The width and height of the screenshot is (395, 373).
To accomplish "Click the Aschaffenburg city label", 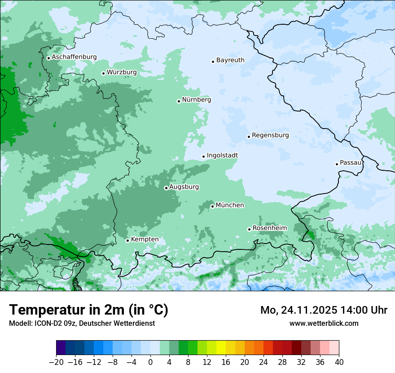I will coord(74,57).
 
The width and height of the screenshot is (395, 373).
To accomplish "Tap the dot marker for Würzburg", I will coord(103,73).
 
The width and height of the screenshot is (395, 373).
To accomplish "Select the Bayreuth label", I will coord(230,60).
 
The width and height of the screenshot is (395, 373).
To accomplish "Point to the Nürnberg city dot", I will coord(179,101).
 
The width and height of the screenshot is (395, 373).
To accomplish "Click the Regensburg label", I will coord(270,135).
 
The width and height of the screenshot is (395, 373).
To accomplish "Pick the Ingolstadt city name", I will coord(222,155).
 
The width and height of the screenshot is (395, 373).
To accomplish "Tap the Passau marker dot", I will coord(337,164).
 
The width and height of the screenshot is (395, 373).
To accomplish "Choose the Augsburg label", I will coord(184,186).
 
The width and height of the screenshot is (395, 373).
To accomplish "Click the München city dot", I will coord(212,206).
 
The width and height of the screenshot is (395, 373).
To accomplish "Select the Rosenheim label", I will coord(269,228).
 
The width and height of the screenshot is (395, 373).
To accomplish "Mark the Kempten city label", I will coord(145,239).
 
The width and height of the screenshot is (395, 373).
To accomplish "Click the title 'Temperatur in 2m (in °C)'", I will coord(88,310).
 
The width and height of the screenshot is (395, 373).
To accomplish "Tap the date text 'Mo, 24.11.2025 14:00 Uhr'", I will coord(324,310).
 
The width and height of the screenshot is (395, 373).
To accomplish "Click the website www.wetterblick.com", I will coord(324,323).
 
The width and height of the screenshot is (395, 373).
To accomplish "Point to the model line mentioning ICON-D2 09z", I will coord(82,323).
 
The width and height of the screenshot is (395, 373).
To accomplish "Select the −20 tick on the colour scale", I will coord(57,362).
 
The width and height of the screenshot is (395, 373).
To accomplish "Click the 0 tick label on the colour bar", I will coord(150,362).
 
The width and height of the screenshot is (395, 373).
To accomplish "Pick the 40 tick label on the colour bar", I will coord(339,362).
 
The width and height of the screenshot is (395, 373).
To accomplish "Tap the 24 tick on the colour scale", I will coord(263,362).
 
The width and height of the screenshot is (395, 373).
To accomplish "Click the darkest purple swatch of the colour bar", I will coord(61,348).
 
